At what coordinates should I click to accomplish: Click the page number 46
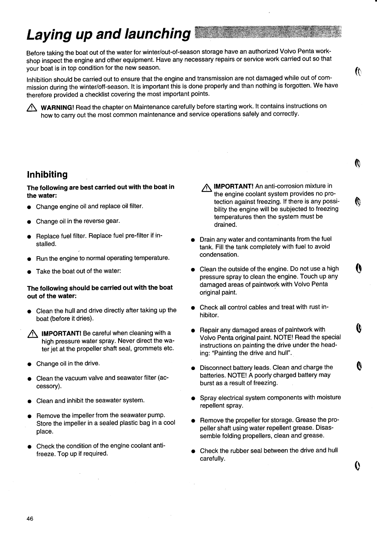30,519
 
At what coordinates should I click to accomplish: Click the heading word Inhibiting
47,174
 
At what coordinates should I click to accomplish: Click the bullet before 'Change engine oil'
29,207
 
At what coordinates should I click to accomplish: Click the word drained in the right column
225,225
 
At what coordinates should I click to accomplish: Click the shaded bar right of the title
267,33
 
